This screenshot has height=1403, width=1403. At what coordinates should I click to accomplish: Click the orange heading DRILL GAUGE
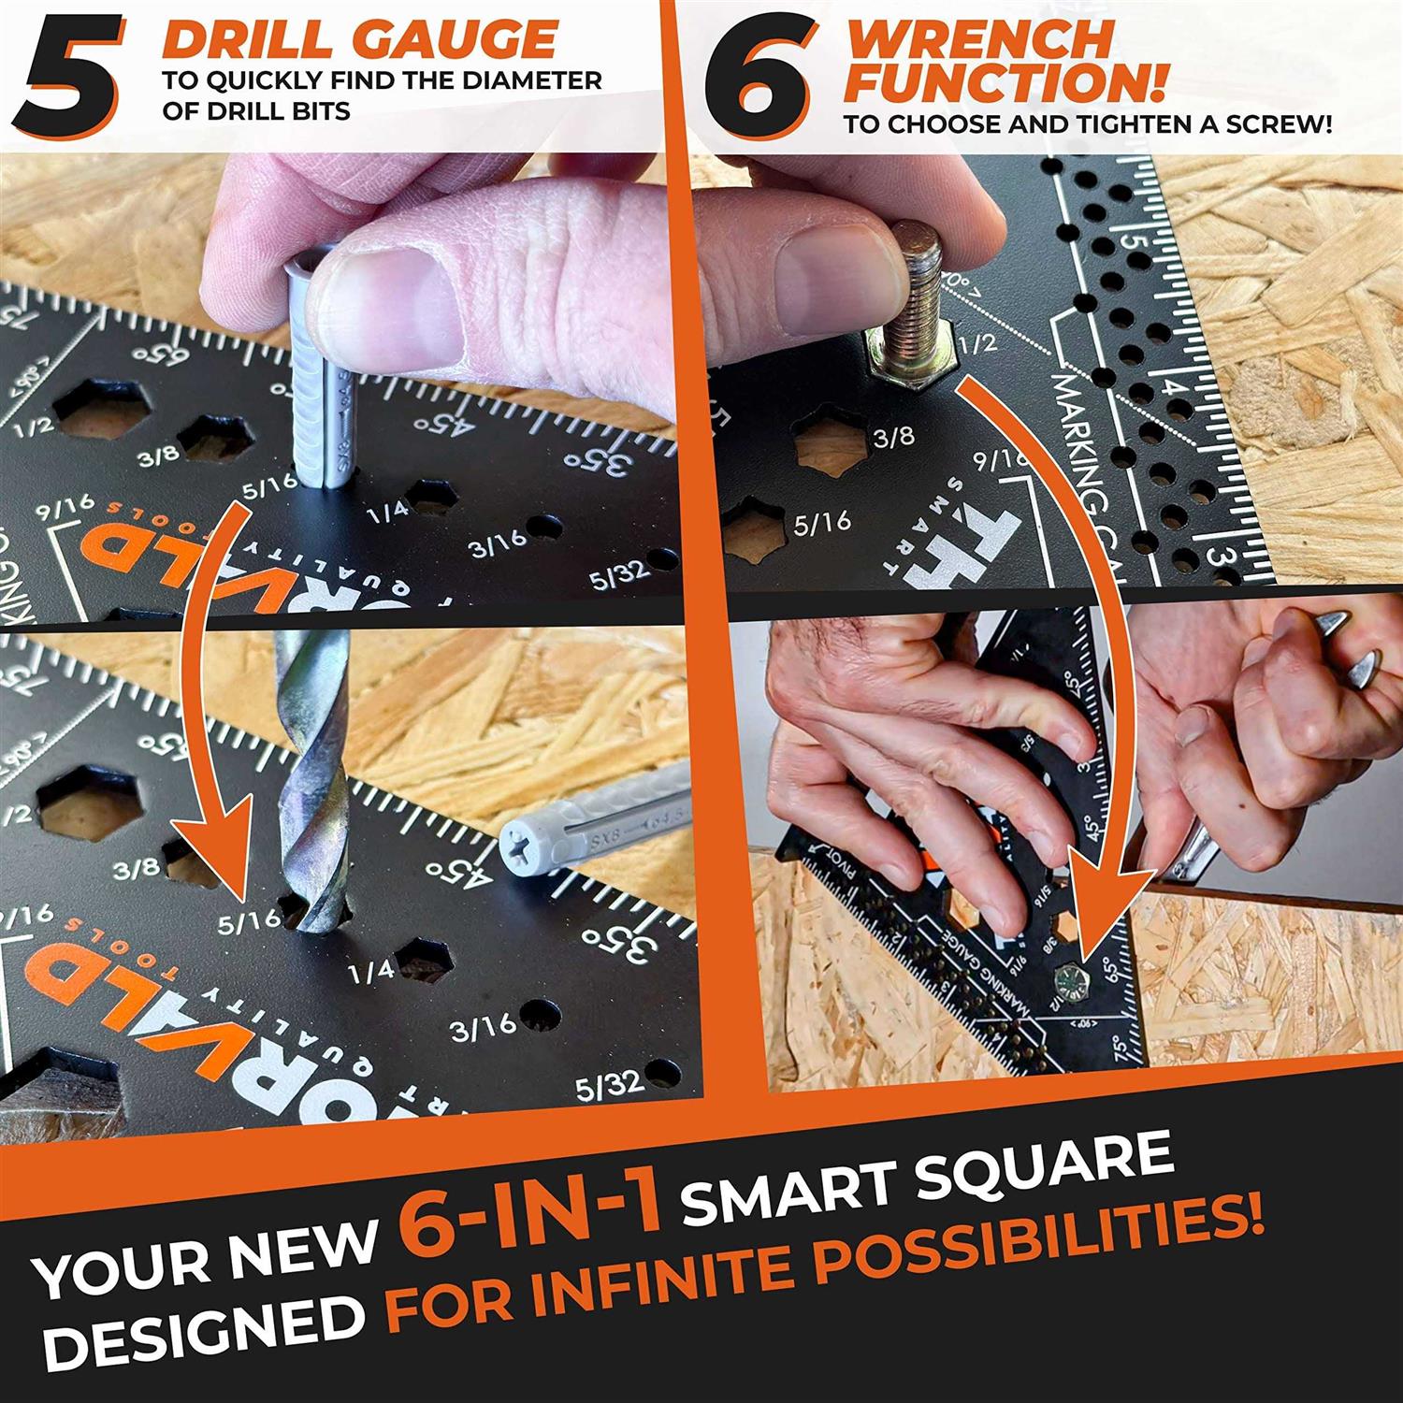tap(359, 39)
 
